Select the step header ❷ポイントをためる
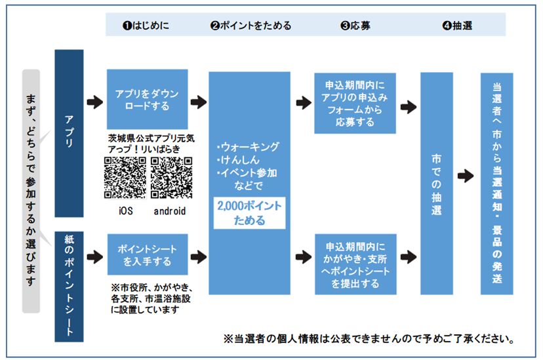pyautogui.click(x=251, y=26)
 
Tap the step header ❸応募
pyautogui.click(x=355, y=26)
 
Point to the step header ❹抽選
pyautogui.click(x=457, y=26)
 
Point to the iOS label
pyautogui.click(x=125, y=211)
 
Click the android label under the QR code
pyautogui.click(x=170, y=211)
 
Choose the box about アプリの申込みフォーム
pyautogui.click(x=354, y=104)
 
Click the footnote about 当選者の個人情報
pyautogui.click(x=368, y=339)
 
